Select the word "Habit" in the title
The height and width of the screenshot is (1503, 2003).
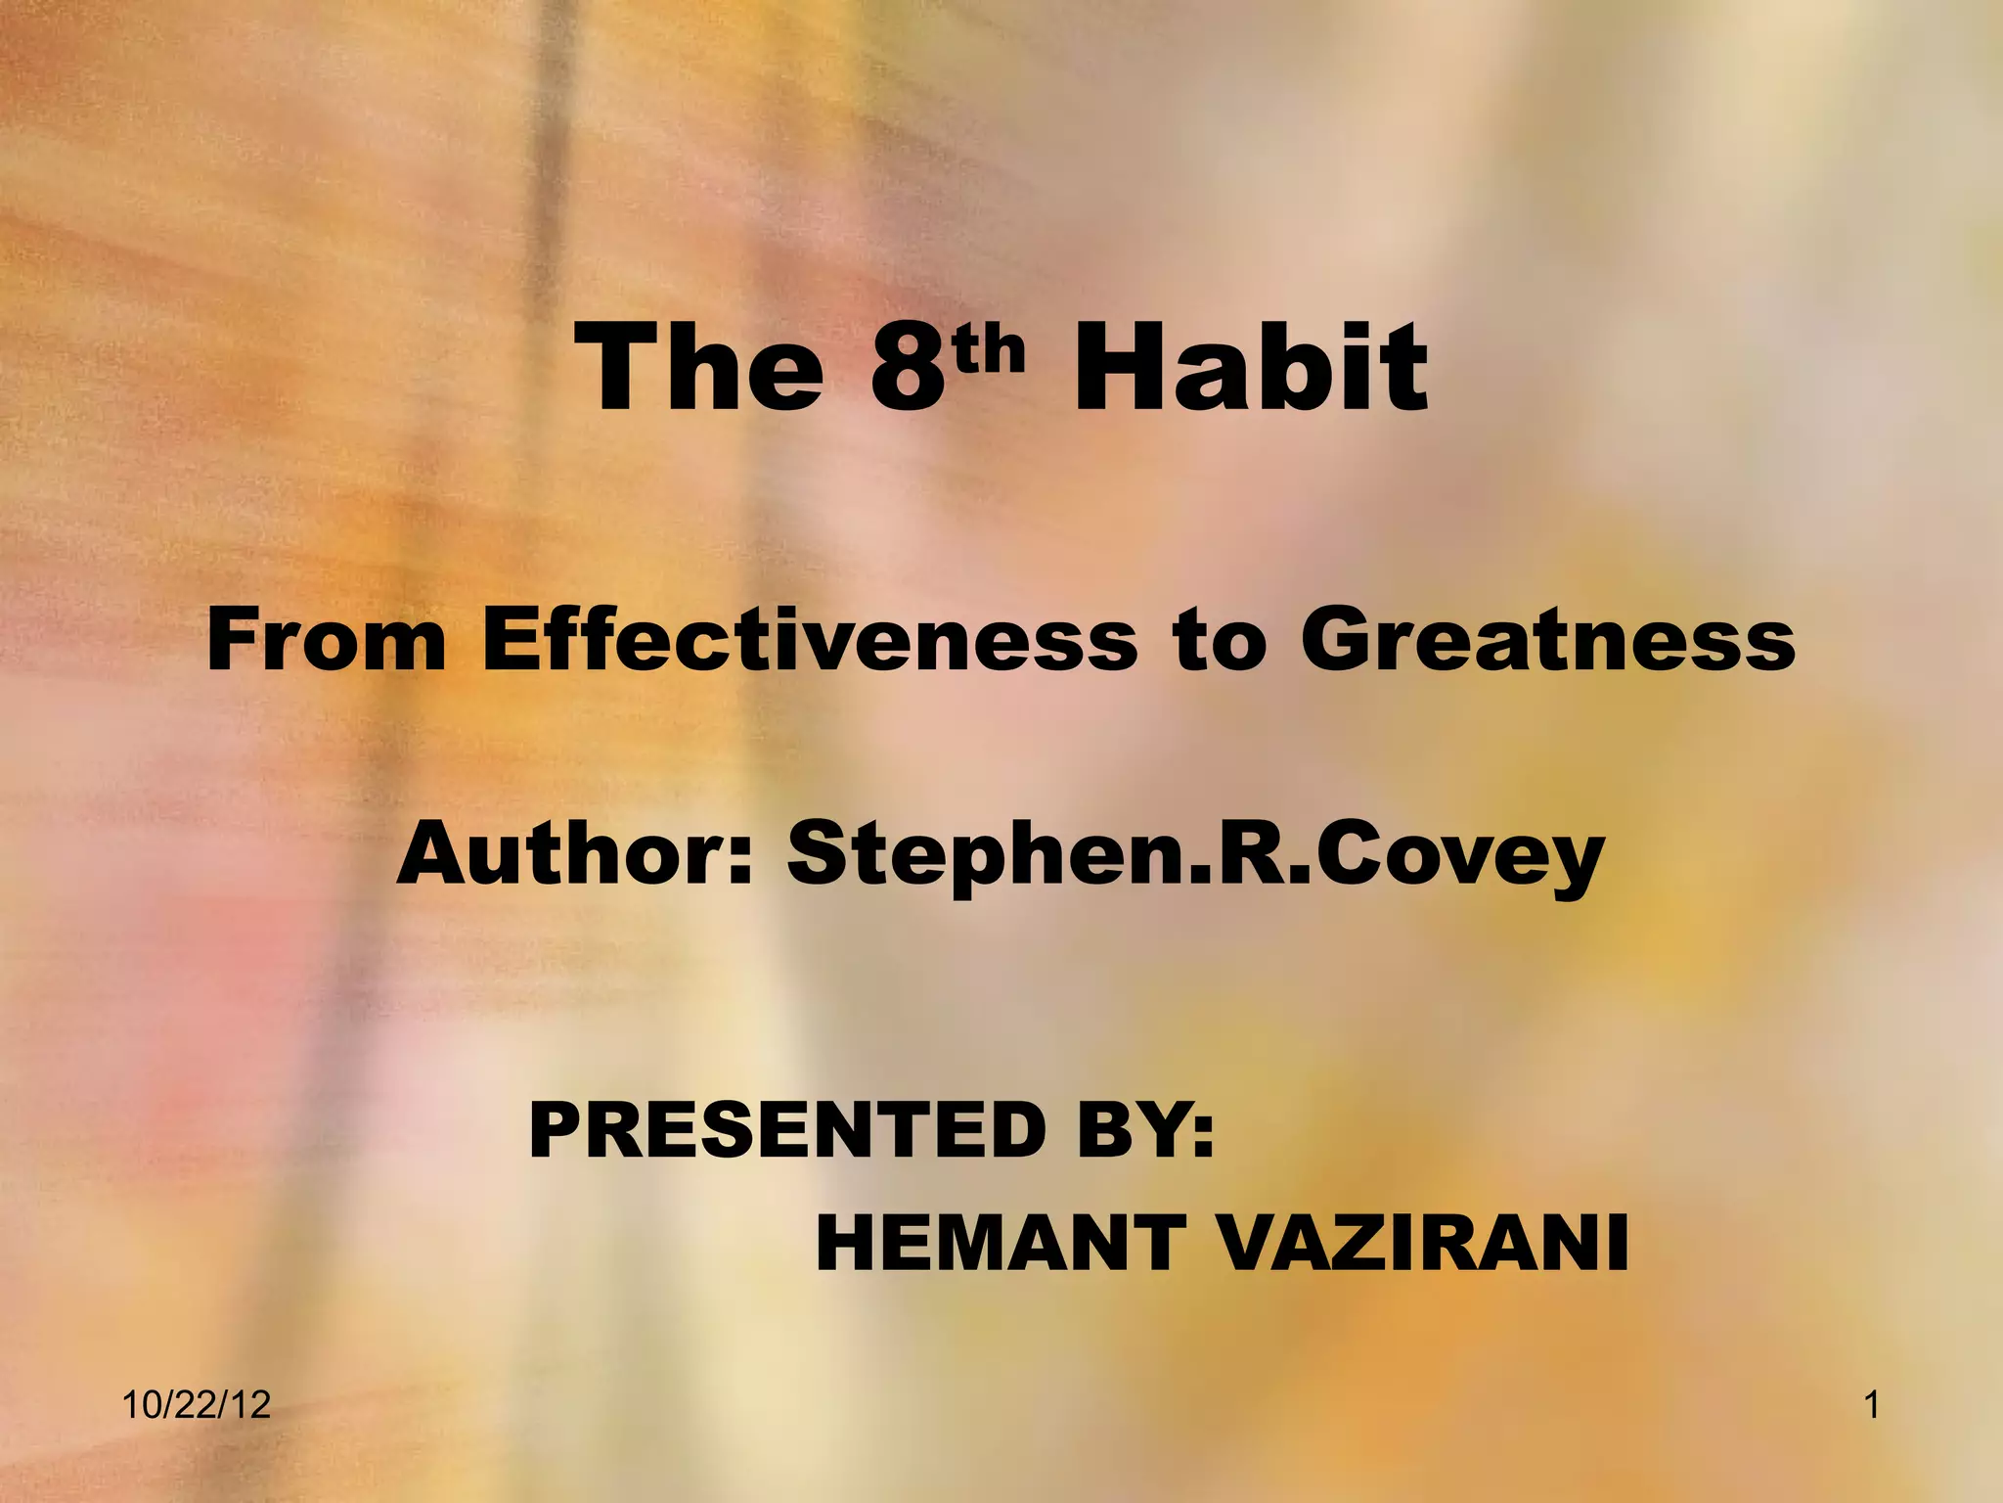[1250, 369]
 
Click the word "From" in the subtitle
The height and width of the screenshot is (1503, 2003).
[327, 641]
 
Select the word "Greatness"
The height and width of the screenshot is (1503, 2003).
[1548, 641]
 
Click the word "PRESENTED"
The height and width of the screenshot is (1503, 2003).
[783, 1130]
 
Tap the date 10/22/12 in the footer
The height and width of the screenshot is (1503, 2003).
[197, 1406]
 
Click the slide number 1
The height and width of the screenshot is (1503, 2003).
[1872, 1406]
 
